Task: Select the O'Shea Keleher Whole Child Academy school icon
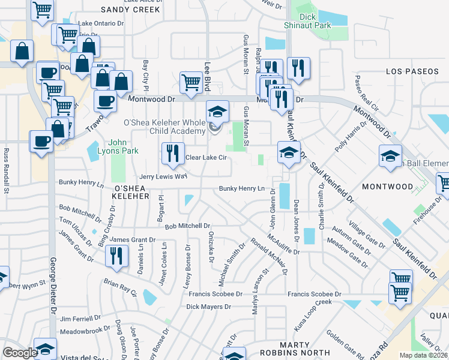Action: [x=217, y=112]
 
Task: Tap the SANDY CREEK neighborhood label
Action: [x=130, y=10]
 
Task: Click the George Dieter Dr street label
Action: [x=52, y=288]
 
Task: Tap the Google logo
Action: [x=20, y=353]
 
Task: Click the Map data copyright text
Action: [x=424, y=355]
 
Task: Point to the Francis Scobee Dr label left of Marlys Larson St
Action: [x=215, y=294]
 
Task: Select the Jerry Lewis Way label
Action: [x=163, y=177]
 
